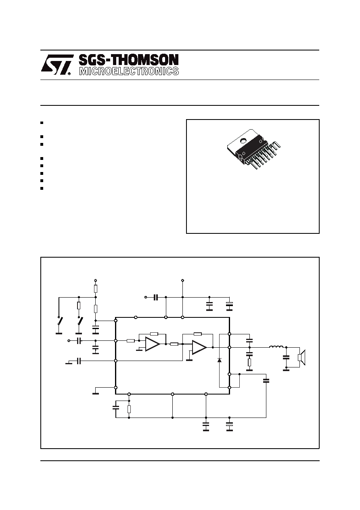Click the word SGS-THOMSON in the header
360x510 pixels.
pos(129,60)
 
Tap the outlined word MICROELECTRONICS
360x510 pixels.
pos(129,71)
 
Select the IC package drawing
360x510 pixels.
pos(254,149)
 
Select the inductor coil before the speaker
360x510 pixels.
pos(276,347)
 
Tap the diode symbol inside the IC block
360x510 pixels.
pos(220,360)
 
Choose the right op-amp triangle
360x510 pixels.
pos(199,347)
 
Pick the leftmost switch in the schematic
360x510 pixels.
pos(59,321)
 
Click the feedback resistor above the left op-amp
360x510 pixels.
pos(154,334)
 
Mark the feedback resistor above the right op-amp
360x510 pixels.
pos(197,334)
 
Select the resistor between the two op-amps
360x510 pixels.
pos(174,344)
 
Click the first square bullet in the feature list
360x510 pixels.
pos(42,123)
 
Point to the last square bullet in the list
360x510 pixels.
pos(42,188)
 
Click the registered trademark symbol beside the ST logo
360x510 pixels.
pos(69,73)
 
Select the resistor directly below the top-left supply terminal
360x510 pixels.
pos(96,289)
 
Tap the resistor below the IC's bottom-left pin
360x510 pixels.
pos(129,409)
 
